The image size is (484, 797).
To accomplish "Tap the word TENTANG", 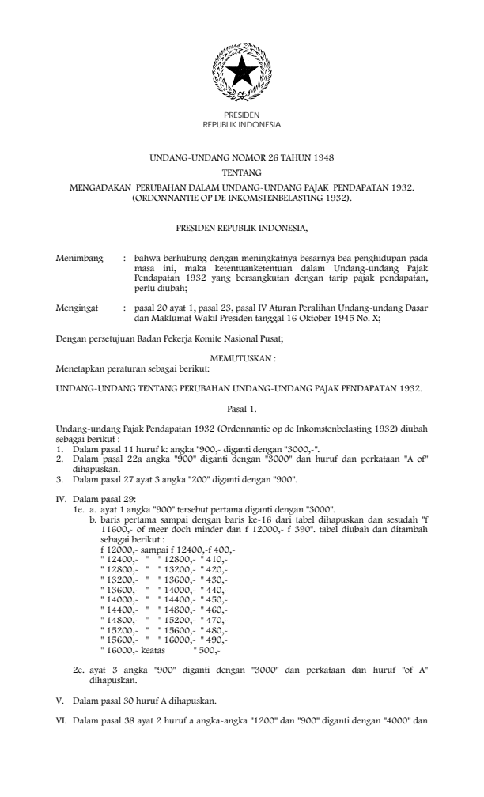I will pyautogui.click(x=242, y=172).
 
